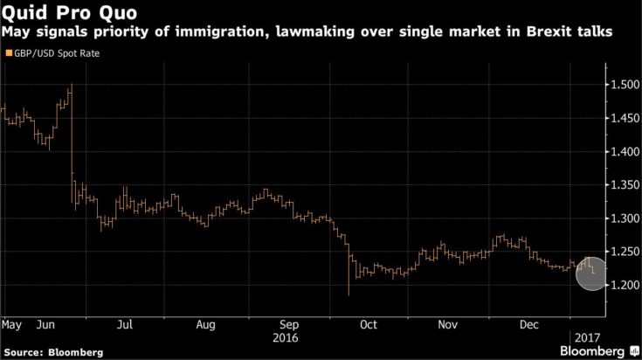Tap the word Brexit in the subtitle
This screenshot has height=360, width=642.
click(x=538, y=32)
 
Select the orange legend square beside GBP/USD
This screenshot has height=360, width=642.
click(x=8, y=53)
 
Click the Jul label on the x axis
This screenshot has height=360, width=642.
click(x=124, y=324)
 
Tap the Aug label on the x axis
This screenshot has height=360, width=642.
click(x=206, y=324)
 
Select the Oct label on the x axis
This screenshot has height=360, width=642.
click(x=368, y=324)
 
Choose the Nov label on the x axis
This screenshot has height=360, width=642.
click(x=448, y=324)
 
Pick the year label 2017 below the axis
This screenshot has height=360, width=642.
click(x=587, y=336)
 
